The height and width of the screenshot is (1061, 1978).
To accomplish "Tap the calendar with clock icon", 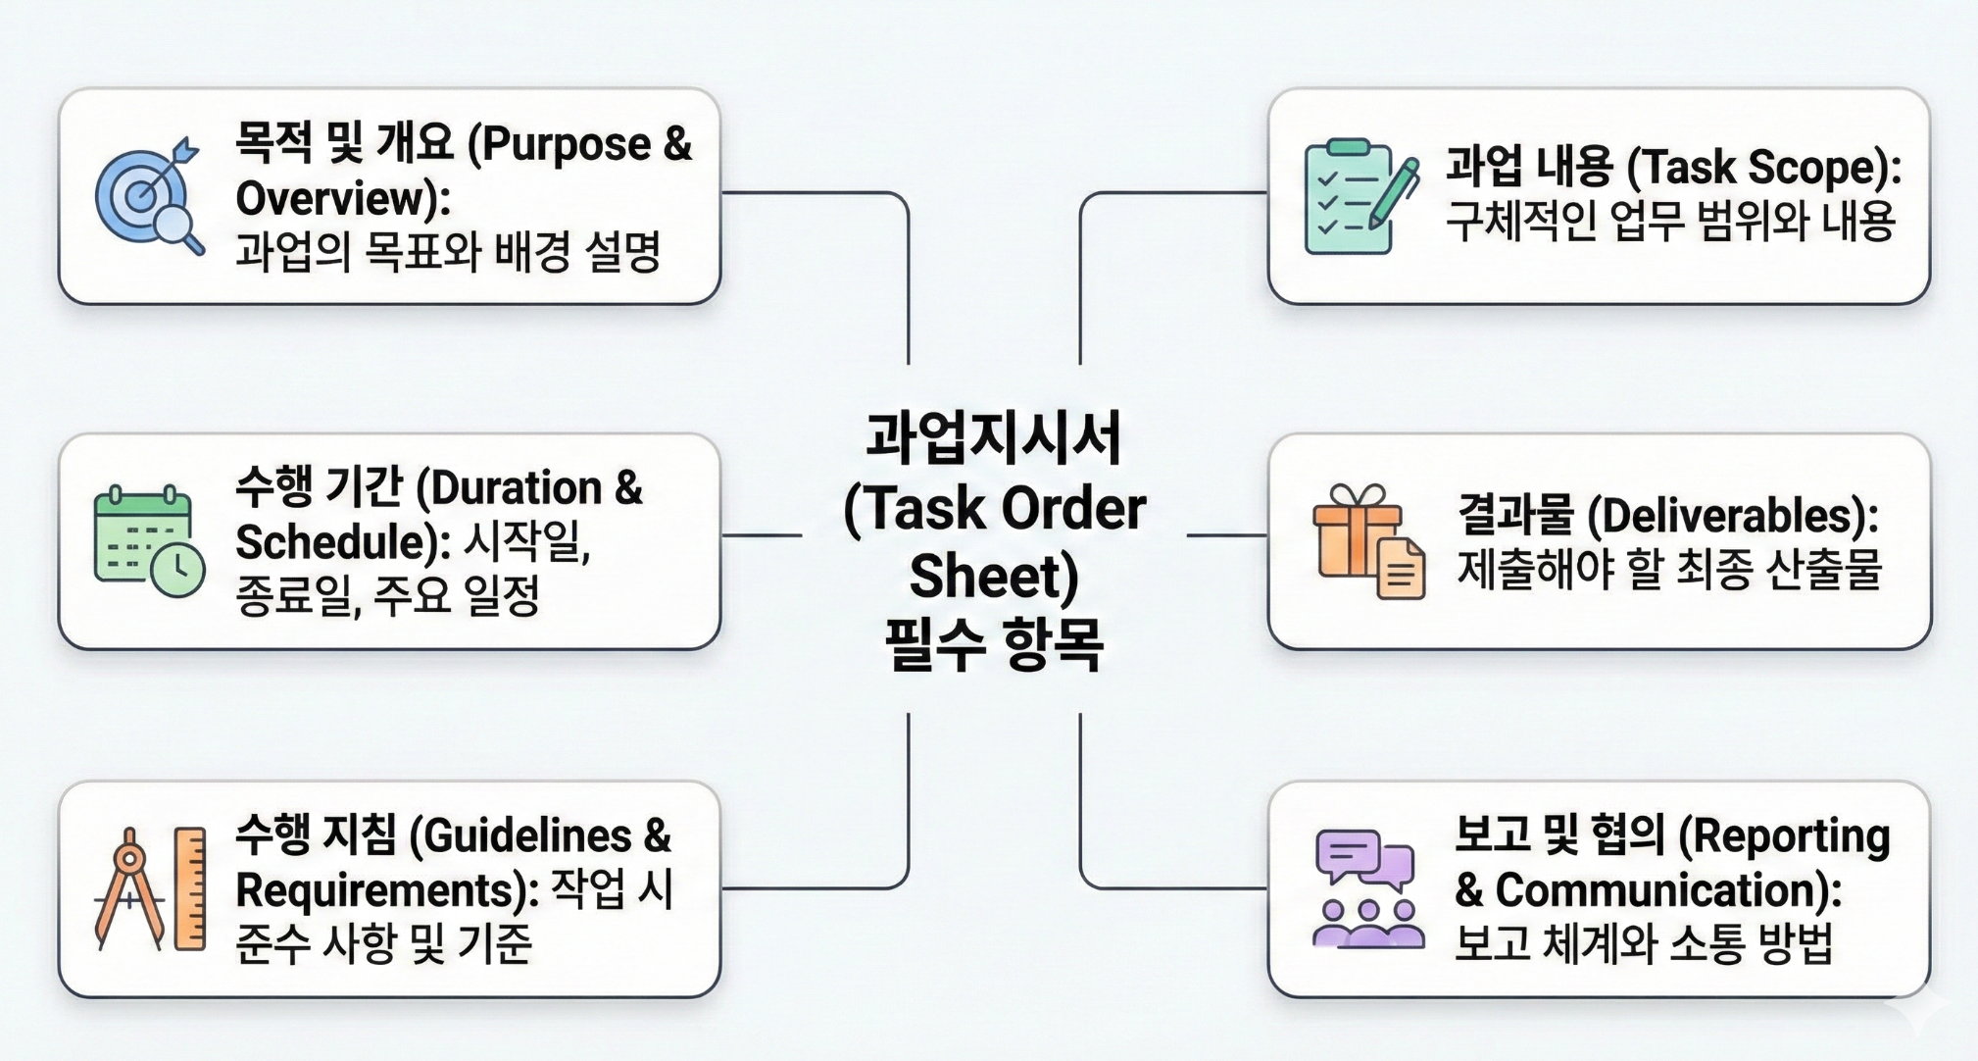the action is [149, 540].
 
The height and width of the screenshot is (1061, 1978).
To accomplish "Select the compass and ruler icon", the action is [150, 889].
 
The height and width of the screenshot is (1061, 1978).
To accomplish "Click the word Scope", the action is [1814, 167].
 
